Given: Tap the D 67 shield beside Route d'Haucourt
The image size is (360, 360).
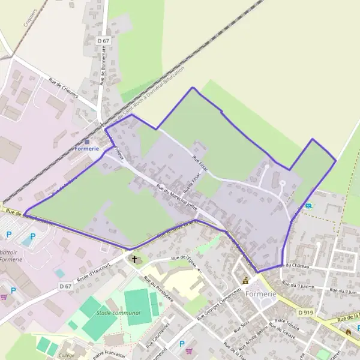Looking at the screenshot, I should (x=65, y=287).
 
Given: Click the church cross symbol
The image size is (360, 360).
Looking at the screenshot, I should (x=134, y=260).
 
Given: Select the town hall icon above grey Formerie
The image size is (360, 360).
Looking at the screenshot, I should (x=245, y=280).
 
